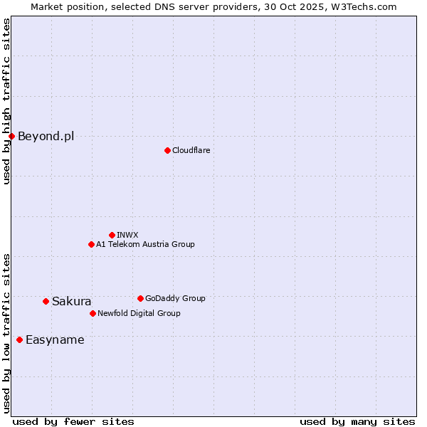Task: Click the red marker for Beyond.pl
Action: tap(11, 136)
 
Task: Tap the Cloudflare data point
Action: tap(167, 150)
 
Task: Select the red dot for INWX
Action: tap(112, 235)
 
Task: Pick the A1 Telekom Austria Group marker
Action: tap(91, 244)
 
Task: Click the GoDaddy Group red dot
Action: tap(140, 298)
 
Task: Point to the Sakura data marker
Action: tap(46, 301)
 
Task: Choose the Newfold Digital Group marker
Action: tap(93, 313)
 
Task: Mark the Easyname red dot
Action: tap(19, 339)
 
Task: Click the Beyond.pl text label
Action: tap(46, 136)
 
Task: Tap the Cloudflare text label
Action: tap(191, 150)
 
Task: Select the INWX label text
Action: tap(127, 235)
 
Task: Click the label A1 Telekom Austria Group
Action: tap(145, 244)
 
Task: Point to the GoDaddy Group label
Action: tap(175, 298)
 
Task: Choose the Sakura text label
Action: tap(71, 301)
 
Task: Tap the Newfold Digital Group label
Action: tap(139, 313)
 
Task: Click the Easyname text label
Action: tap(55, 339)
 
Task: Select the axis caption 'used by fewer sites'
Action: tap(73, 421)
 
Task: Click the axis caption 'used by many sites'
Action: tap(357, 421)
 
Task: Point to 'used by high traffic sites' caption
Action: tap(6, 101)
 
